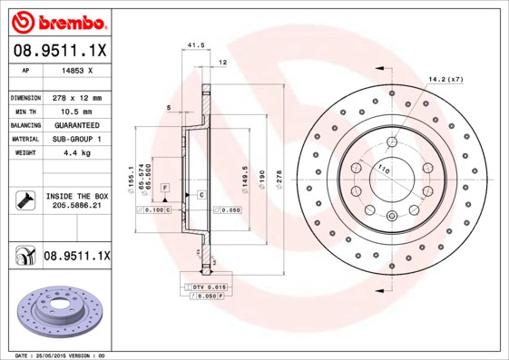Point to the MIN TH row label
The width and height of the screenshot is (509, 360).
point(24,111)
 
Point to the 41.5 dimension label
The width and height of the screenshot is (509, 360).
point(193,44)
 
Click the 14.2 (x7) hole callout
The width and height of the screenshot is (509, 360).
point(446,80)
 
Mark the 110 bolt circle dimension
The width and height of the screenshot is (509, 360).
point(383,170)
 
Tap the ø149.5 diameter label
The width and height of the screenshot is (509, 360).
point(245,175)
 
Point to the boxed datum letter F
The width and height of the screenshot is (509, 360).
point(165,188)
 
